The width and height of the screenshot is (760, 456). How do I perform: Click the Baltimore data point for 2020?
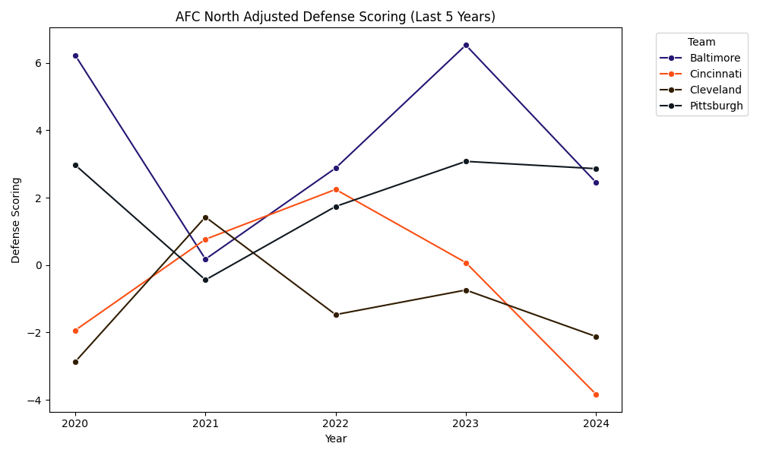click(75, 55)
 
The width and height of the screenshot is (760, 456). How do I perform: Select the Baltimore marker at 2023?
click(466, 45)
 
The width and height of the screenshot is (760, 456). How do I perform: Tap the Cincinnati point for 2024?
click(596, 394)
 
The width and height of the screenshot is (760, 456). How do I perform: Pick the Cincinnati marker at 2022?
click(336, 189)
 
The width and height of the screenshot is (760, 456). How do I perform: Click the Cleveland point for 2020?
click(75, 362)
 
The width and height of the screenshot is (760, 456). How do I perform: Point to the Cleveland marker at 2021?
click(205, 217)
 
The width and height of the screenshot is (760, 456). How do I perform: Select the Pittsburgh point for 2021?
click(205, 280)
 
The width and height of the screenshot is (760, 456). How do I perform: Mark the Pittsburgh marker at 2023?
click(466, 161)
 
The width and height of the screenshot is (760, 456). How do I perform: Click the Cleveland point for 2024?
click(596, 337)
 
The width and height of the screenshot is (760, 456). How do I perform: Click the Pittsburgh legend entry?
click(716, 106)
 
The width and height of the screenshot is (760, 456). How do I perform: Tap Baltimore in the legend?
click(714, 58)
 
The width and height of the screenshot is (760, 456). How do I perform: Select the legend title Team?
click(701, 43)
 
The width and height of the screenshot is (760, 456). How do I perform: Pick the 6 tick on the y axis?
click(37, 63)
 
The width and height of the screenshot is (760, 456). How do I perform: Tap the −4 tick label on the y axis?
click(34, 401)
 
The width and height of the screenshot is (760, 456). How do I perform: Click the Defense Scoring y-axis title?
click(16, 220)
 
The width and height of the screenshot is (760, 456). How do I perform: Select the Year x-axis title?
click(335, 439)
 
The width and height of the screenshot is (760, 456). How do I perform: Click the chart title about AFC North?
click(335, 17)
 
